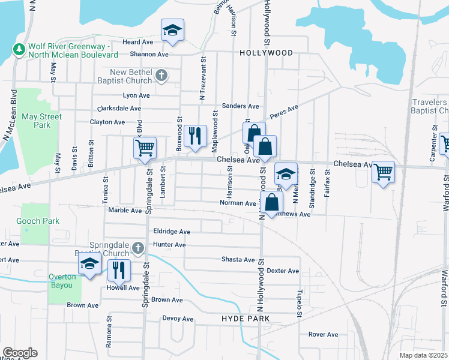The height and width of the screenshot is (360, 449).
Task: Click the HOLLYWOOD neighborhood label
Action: pos(266,53)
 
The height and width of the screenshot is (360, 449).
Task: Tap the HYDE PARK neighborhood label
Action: pos(245,318)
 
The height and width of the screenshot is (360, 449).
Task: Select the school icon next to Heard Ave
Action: pos(172,30)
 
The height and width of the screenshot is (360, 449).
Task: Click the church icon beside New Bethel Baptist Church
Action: pos(160,76)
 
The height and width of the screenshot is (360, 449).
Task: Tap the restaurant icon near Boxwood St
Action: pos(194,136)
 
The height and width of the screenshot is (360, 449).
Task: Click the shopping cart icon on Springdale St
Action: pos(145,148)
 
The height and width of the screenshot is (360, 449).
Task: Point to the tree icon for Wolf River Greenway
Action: pos(19,47)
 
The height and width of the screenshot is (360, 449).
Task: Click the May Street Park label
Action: pos(41,121)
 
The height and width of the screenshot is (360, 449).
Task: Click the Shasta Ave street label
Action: pos(238,260)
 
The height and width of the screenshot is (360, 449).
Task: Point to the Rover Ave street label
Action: pos(324,334)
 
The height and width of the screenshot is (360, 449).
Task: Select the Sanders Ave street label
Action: pos(240,106)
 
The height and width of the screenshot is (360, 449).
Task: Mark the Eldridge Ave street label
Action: pos(172,232)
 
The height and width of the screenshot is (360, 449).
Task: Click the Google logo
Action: pos(20,353)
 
